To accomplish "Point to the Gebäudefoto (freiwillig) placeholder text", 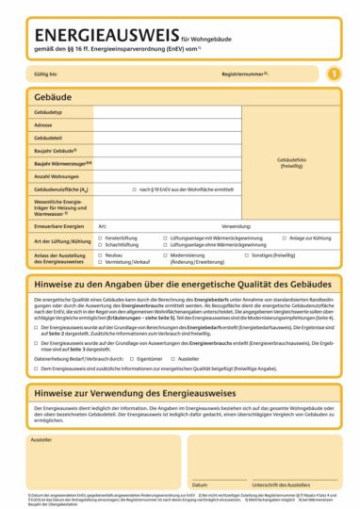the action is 290,163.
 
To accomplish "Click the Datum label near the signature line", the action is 200,485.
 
